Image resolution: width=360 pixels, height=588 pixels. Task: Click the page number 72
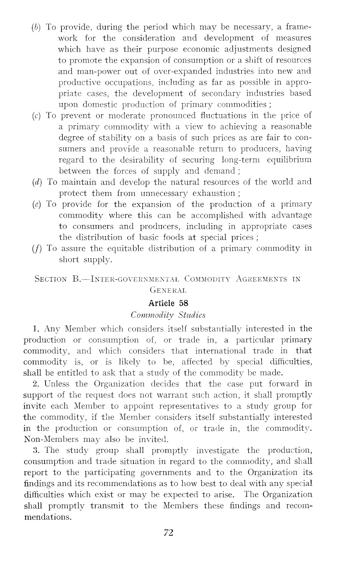tap(169, 532)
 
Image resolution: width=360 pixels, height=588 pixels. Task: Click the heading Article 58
tap(168, 303)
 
